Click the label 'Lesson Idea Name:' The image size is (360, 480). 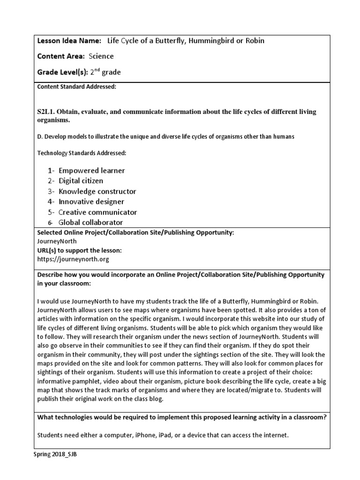[x=69, y=41]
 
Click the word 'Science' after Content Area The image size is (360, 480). [x=101, y=56]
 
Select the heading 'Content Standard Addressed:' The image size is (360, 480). [x=76, y=87]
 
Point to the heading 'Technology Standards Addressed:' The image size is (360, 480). [x=81, y=153]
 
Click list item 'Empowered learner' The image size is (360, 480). [x=92, y=171]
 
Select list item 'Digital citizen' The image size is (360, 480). [x=81, y=181]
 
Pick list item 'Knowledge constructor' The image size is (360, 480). [x=97, y=191]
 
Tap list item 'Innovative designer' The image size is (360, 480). [x=91, y=202]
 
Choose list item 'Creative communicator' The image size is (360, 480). [x=97, y=212]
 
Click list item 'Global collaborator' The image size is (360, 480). [x=90, y=223]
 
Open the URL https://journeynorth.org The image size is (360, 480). [x=73, y=259]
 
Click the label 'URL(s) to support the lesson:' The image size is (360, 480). [x=79, y=250]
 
